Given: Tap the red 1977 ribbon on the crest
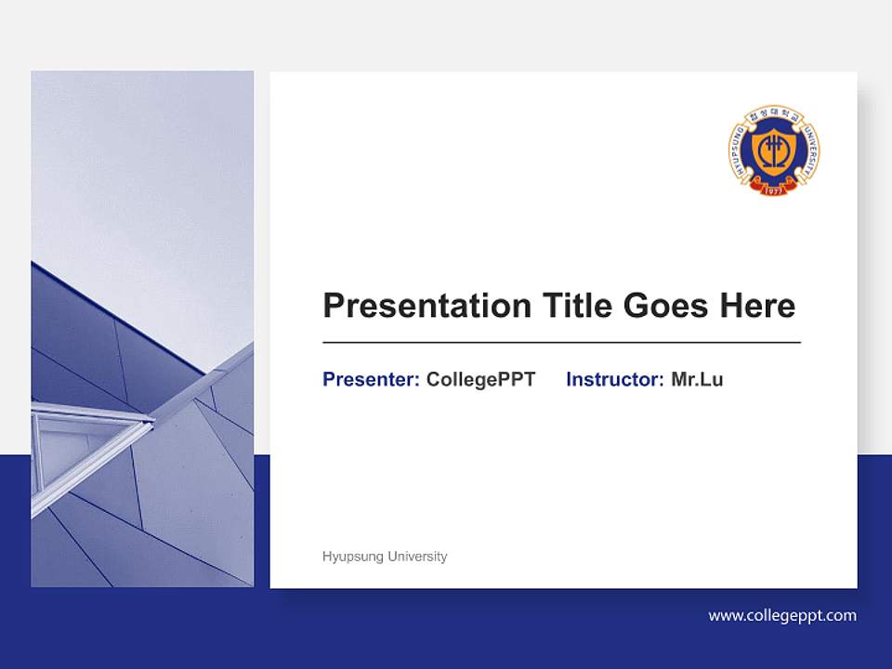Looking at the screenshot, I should (773, 190).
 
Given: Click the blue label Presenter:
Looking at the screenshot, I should (371, 379).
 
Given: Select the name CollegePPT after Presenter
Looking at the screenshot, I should (480, 379).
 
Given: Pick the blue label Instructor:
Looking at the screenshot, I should (614, 379).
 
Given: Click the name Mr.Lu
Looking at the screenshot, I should (697, 379).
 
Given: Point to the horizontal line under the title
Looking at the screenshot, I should (561, 343).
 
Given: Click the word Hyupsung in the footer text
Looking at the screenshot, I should (352, 557).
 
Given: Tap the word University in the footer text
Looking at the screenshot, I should (416, 557).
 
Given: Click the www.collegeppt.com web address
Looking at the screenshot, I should (782, 615).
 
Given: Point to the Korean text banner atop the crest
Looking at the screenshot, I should (773, 112).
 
